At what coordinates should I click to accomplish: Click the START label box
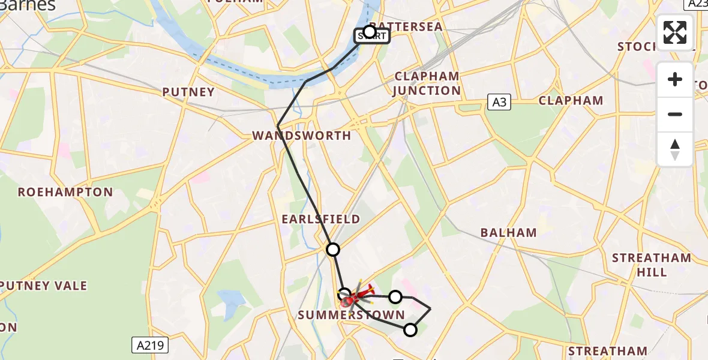373,37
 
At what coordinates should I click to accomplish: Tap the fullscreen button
675,32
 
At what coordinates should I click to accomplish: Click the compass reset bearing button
675,149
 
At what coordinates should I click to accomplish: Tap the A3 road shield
499,102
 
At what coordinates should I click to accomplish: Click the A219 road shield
150,345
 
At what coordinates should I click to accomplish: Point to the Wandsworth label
302,136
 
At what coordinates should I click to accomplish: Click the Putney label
188,92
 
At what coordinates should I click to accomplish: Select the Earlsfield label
321,219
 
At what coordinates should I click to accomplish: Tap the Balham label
509,233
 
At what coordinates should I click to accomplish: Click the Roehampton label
65,192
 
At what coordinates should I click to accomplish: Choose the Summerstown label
351,315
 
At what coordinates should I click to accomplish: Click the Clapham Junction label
427,83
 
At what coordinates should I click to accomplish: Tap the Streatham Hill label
652,265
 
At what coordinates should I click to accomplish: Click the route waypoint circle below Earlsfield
332,249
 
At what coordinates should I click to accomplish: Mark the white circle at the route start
370,31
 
